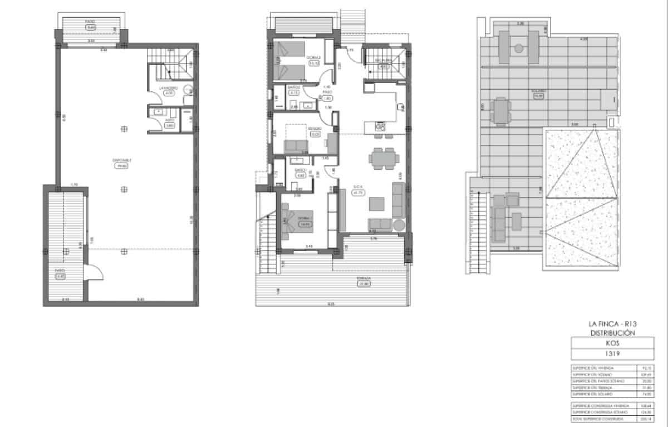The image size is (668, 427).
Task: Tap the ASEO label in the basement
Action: pyautogui.click(x=170, y=120)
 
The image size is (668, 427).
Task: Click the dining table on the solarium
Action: pyautogui.click(x=501, y=110)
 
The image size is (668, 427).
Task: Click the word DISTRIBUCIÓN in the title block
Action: pyautogui.click(x=612, y=333)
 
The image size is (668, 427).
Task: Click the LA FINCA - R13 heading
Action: pyautogui.click(x=612, y=323)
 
